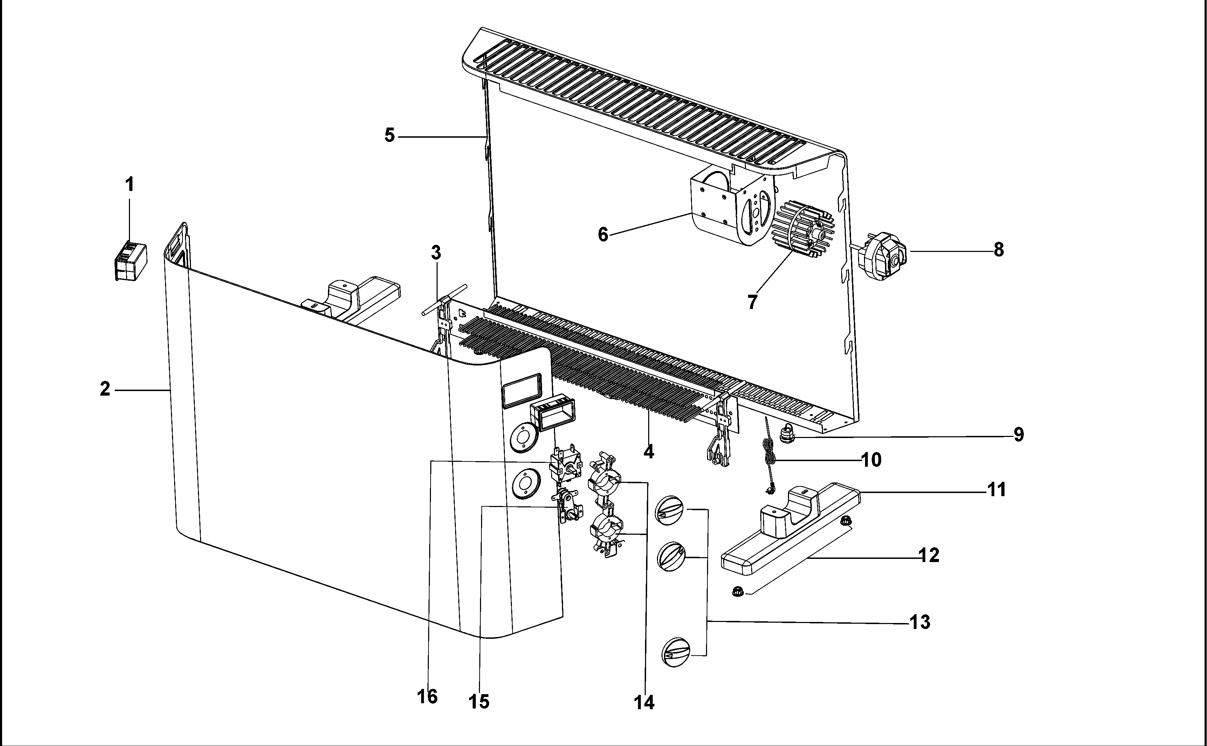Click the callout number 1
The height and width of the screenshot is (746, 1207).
(x=130, y=185)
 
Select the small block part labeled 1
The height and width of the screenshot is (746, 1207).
(x=130, y=261)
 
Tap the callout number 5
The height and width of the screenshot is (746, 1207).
(x=390, y=135)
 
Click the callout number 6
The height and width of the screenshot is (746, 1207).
(x=603, y=234)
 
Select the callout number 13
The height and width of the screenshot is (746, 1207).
(x=920, y=622)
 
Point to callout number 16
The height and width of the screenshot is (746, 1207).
(x=427, y=697)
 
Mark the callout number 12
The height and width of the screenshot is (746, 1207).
(x=929, y=555)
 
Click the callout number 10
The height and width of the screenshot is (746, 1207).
(x=871, y=460)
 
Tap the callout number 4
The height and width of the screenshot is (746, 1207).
(x=649, y=451)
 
